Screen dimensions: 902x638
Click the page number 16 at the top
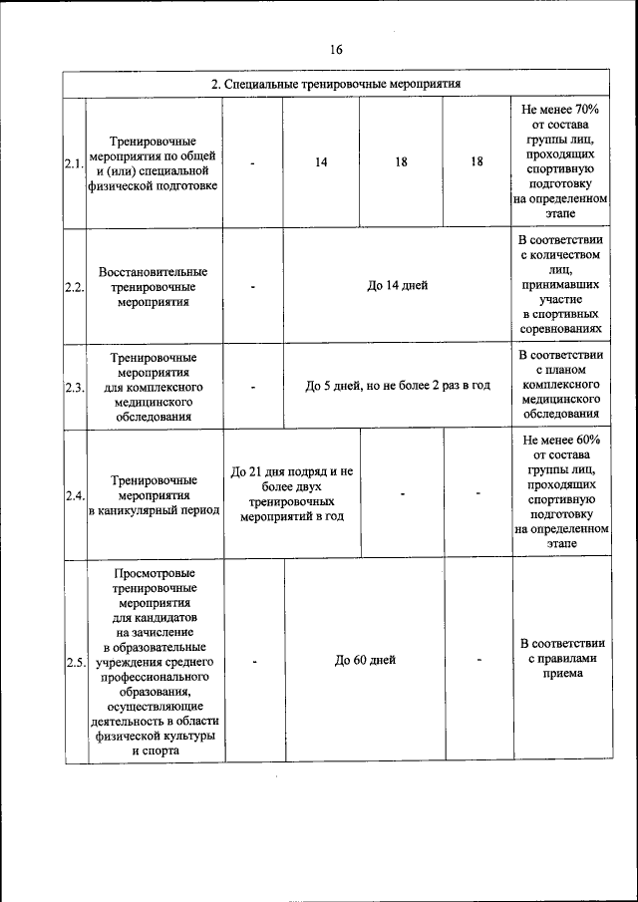336,50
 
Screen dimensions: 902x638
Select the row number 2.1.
73,162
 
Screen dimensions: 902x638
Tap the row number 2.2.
73,288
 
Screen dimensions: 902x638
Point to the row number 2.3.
73,388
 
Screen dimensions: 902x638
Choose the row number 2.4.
73,495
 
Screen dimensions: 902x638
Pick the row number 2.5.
73,663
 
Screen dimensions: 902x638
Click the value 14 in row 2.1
321,161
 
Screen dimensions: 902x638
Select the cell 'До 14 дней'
397,286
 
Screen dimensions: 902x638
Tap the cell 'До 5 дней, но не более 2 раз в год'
397,386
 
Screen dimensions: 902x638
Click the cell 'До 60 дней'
365,660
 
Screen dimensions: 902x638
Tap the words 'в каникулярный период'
154,510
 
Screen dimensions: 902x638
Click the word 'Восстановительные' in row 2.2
154,271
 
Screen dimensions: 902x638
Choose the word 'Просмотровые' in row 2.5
154,573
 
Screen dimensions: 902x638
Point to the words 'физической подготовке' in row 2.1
154,185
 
